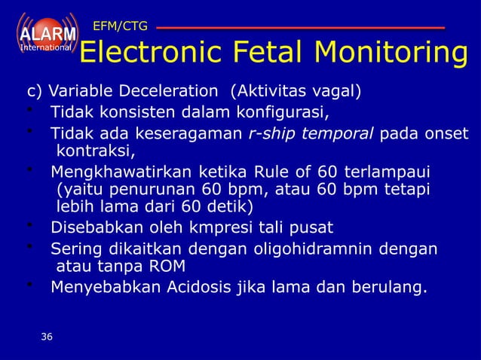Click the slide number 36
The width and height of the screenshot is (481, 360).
[47, 337]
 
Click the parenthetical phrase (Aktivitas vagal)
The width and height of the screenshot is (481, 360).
[296, 93]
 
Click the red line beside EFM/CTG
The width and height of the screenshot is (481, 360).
[301, 28]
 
